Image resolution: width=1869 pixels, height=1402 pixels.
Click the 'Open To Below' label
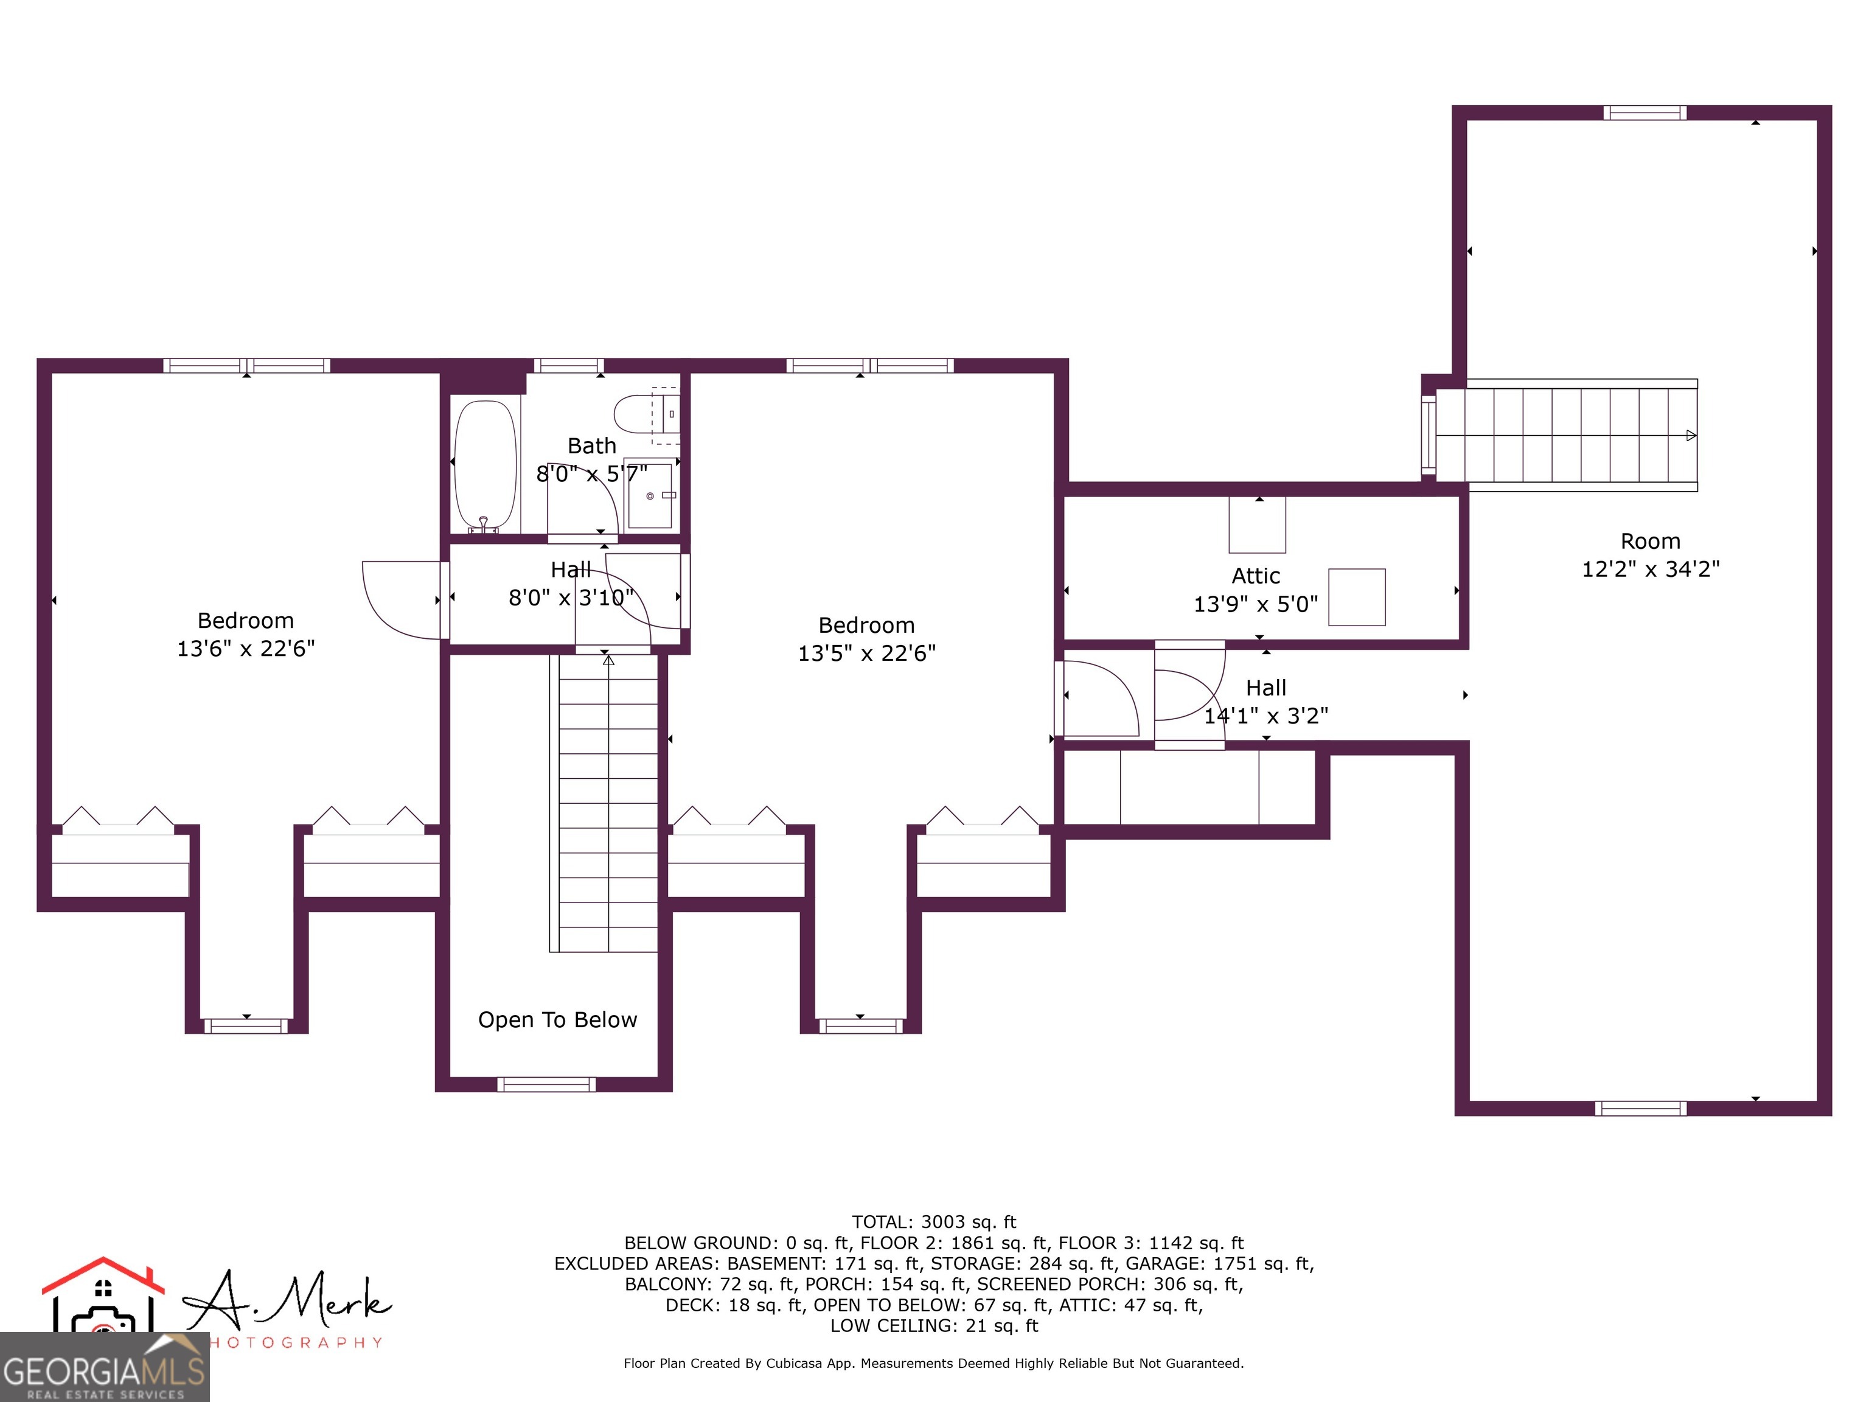tap(558, 1020)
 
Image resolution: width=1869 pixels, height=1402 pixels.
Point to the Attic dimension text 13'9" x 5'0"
tap(1256, 604)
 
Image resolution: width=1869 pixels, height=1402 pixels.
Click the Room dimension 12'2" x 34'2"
tap(1650, 570)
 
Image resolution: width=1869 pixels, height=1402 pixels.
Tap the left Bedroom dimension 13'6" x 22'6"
tap(246, 648)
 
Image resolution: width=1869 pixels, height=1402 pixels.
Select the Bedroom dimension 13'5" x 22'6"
tap(867, 654)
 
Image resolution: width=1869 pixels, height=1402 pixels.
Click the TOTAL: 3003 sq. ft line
tap(934, 1222)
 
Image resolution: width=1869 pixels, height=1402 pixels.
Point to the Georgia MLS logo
tap(104, 1367)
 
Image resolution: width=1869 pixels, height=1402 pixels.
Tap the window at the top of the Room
tap(1645, 113)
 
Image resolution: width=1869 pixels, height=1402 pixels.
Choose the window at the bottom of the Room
tap(1640, 1109)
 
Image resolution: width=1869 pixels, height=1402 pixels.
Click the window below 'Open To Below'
tap(547, 1085)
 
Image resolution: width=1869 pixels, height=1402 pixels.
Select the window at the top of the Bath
tap(569, 366)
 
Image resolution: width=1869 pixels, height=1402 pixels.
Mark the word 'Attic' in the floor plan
tap(1256, 576)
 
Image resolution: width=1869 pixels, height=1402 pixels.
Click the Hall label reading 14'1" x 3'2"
tap(1265, 716)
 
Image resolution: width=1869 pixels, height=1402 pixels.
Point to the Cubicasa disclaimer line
tap(934, 1363)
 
